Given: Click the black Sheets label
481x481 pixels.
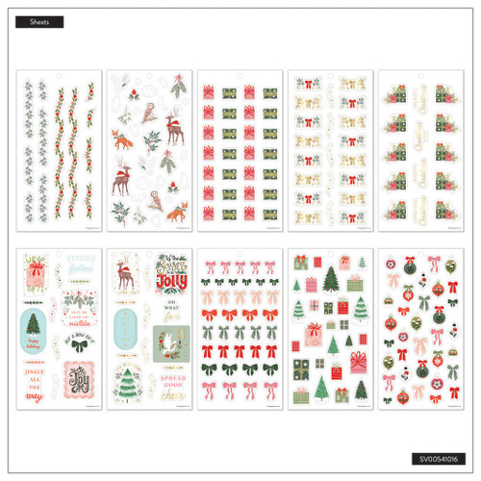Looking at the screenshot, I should click(x=39, y=21).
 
